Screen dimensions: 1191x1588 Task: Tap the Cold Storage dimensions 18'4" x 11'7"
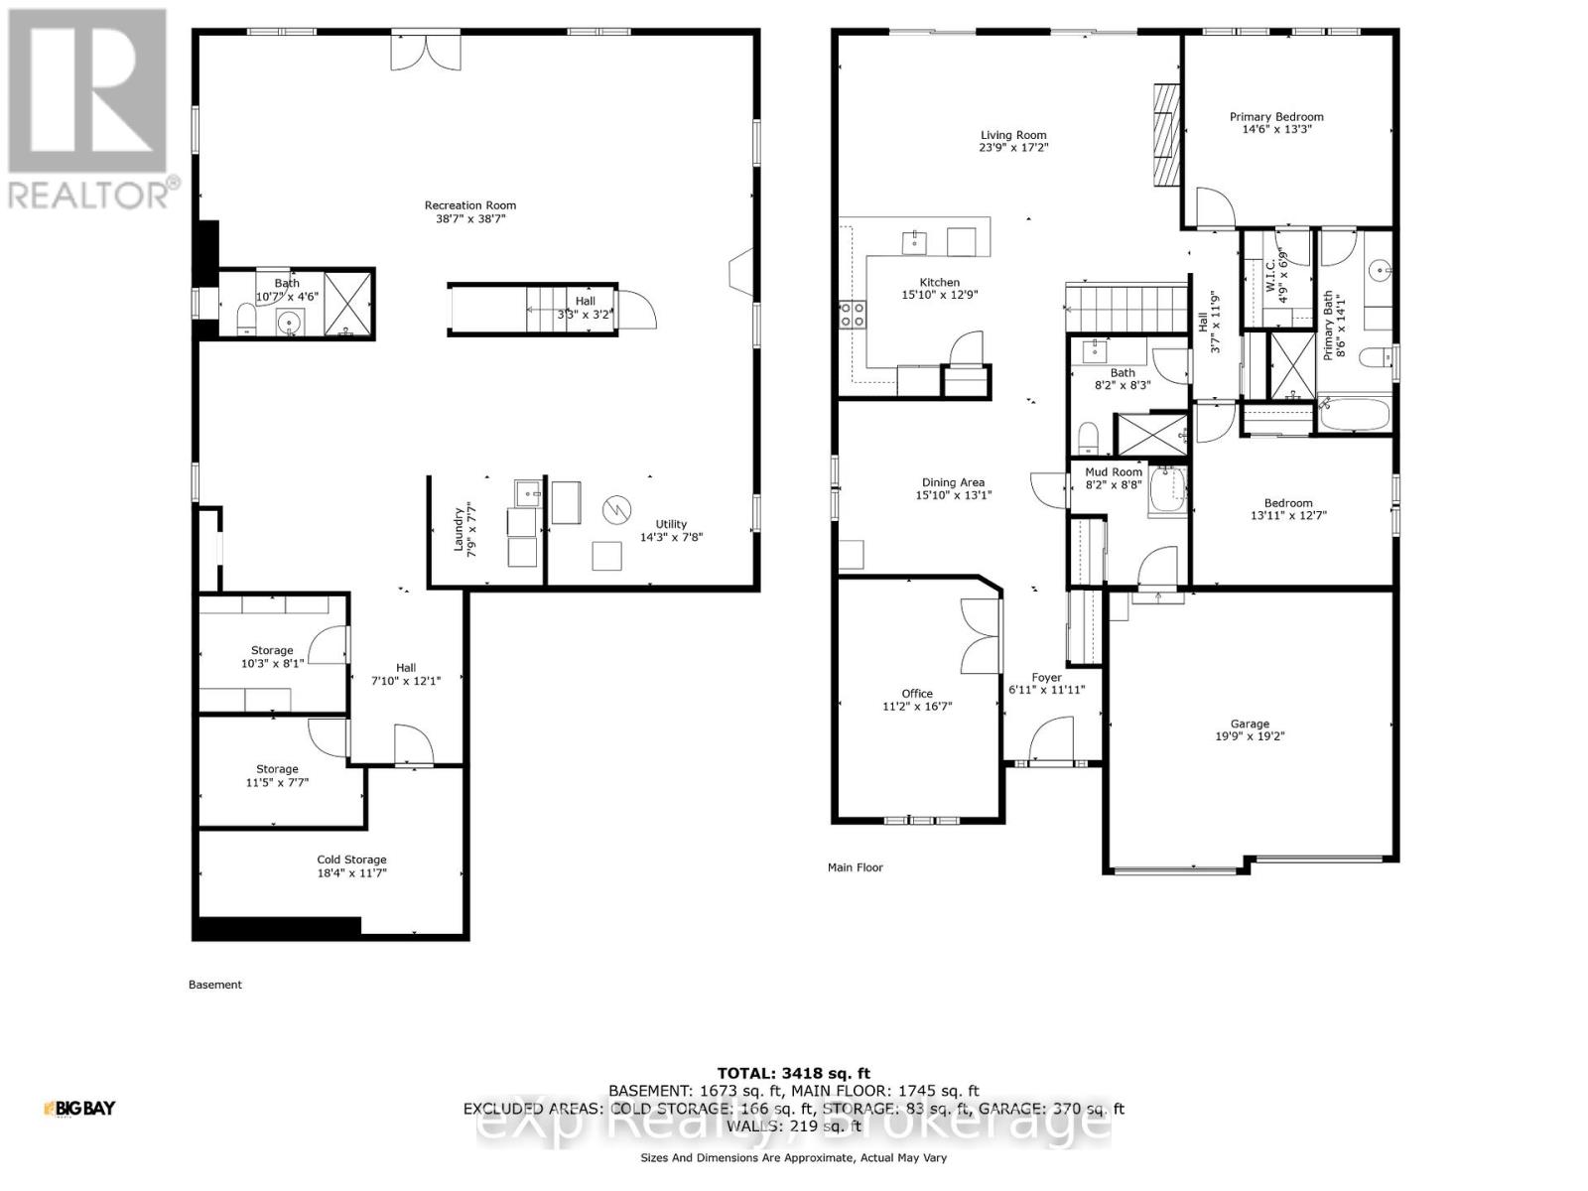point(351,873)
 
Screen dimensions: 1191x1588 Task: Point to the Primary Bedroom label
point(1276,116)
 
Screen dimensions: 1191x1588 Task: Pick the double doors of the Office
point(976,635)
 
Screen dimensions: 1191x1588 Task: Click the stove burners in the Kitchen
point(852,315)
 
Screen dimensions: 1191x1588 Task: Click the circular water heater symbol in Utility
point(616,510)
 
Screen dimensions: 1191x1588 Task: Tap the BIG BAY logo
point(79,1108)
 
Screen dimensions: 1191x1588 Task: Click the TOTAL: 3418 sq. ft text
point(793,1073)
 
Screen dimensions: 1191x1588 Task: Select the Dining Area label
point(953,482)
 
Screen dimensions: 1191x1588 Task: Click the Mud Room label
point(1114,472)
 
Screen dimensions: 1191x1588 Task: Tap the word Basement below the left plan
point(214,985)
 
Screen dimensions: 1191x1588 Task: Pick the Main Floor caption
point(855,867)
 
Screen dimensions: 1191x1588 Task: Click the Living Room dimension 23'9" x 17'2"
point(1013,147)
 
